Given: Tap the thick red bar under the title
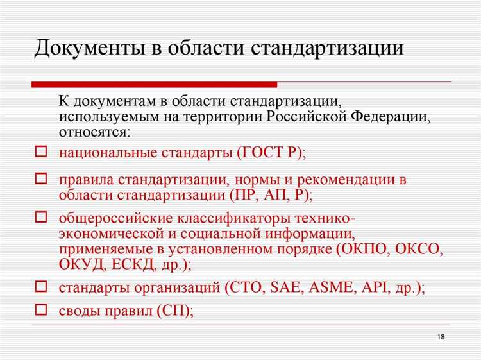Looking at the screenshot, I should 155,84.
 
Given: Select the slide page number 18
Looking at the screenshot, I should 440,338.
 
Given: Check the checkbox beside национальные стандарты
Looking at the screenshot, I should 40,153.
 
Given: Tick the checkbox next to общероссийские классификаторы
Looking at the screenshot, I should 40,217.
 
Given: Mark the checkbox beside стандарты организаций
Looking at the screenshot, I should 40,287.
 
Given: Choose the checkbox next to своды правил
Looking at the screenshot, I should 40,310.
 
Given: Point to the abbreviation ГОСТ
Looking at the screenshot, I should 265,153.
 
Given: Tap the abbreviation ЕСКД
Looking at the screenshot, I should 135,264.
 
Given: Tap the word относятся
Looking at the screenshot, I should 94,132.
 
